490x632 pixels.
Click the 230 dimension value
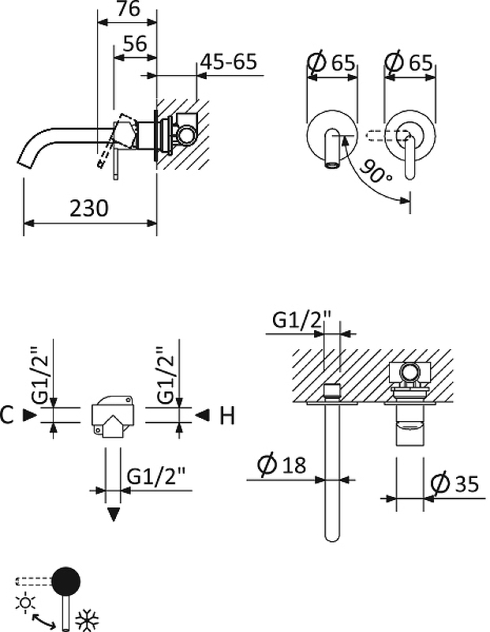coord(89,209)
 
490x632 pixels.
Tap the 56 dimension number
coord(135,44)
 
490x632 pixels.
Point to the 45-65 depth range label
coord(229,62)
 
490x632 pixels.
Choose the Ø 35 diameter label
coord(455,483)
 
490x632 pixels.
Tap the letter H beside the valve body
coord(226,416)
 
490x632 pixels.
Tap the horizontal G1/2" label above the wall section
coord(305,321)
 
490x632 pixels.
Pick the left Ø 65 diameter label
coord(331,62)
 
